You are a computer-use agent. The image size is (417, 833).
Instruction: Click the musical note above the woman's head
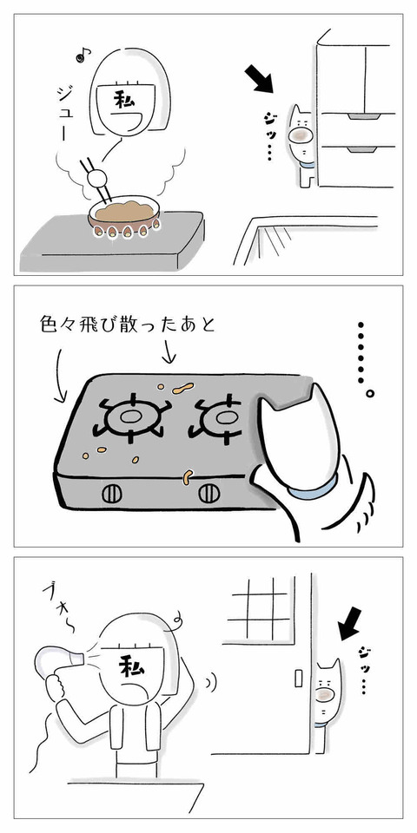[x=84, y=53]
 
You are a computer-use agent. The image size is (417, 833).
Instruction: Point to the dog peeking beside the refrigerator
[x=301, y=144]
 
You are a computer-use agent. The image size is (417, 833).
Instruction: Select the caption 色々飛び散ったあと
[x=128, y=325]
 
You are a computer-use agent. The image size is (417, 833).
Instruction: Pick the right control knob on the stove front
[x=209, y=494]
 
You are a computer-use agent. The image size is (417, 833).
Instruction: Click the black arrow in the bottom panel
[x=349, y=624]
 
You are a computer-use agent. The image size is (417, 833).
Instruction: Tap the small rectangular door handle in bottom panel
[x=298, y=678]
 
